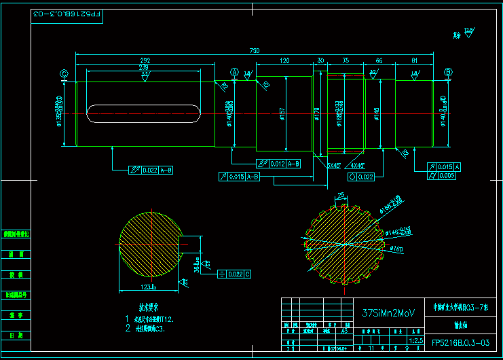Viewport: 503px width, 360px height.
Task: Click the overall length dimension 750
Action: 255,51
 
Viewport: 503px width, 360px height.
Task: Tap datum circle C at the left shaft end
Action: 64,74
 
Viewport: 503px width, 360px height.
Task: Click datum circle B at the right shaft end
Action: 448,73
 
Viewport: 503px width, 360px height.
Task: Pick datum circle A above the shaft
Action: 235,73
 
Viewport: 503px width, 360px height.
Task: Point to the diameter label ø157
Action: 282,113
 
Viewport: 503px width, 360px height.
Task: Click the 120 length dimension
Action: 284,60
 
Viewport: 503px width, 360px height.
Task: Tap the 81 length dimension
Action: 414,60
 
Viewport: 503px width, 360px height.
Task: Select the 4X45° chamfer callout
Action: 357,165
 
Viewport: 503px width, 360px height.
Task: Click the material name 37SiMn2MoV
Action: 388,313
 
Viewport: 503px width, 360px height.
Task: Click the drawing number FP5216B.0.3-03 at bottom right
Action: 460,343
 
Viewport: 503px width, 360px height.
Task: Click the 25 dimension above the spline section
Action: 341,196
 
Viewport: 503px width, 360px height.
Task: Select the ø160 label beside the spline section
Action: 396,249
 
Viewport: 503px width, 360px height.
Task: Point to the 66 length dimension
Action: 379,60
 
